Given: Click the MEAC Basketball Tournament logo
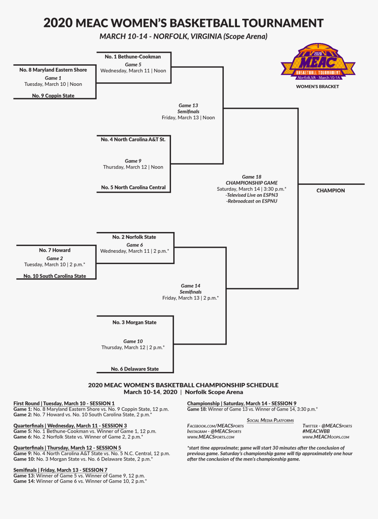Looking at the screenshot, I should pyautogui.click(x=318, y=62).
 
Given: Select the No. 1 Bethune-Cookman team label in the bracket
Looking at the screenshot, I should pyautogui.click(x=133, y=57).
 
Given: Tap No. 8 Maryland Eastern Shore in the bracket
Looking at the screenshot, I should pyautogui.click(x=53, y=70).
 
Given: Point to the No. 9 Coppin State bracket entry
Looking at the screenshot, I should pyautogui.click(x=53, y=96).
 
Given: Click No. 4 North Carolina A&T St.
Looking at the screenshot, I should pyautogui.click(x=133, y=140).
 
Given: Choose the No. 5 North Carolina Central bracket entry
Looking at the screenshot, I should pyautogui.click(x=133, y=188).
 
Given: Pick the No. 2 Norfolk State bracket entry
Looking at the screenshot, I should pyautogui.click(x=134, y=237).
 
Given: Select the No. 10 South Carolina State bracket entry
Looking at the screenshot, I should pyautogui.click(x=55, y=276).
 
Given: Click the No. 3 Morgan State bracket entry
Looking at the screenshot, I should pyautogui.click(x=134, y=323).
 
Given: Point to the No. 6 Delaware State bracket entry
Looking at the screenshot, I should pyautogui.click(x=134, y=369).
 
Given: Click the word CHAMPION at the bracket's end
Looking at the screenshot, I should pyautogui.click(x=331, y=191).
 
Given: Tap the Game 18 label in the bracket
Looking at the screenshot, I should pyautogui.click(x=251, y=177).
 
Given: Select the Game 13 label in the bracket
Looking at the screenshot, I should pyautogui.click(x=188, y=106).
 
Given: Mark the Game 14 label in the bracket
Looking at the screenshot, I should pyautogui.click(x=190, y=286).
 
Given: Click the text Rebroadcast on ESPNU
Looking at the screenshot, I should pyautogui.click(x=251, y=201).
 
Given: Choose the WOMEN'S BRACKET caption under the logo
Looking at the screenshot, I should pyautogui.click(x=317, y=87).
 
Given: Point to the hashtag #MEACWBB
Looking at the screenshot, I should pyautogui.click(x=316, y=431).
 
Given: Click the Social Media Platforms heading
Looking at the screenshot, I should pyautogui.click(x=270, y=420).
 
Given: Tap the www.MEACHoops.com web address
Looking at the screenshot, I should pyautogui.click(x=326, y=437).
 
